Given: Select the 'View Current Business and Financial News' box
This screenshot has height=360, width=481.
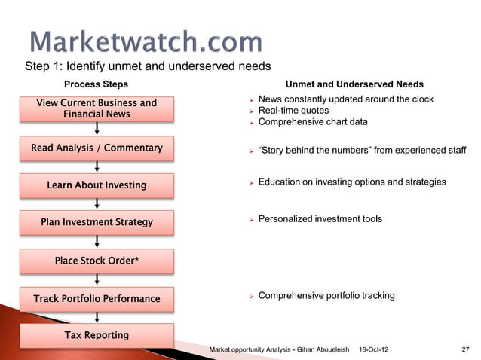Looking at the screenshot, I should coord(97,109).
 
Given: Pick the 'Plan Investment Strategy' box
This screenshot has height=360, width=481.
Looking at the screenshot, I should coord(97,222).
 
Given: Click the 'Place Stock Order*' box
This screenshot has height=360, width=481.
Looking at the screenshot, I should coord(97,261).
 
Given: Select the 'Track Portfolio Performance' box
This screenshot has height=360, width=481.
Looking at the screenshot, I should coord(97,299).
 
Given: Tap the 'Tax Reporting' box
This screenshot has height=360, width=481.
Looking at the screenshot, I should coord(97,335).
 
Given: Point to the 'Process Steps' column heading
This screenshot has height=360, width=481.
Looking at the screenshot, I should coord(96,84).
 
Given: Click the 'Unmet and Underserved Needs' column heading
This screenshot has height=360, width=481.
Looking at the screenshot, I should coord(354,84).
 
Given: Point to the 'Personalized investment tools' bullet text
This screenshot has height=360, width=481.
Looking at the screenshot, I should coord(320,219).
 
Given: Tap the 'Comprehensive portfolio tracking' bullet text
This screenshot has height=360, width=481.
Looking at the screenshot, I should coord(326,296).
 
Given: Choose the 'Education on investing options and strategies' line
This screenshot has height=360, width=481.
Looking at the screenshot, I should coord(351,182).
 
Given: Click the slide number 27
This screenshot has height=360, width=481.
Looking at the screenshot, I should coord(464,349).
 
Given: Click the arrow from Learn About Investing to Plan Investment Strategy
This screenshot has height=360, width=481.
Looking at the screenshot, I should coord(97,203).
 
